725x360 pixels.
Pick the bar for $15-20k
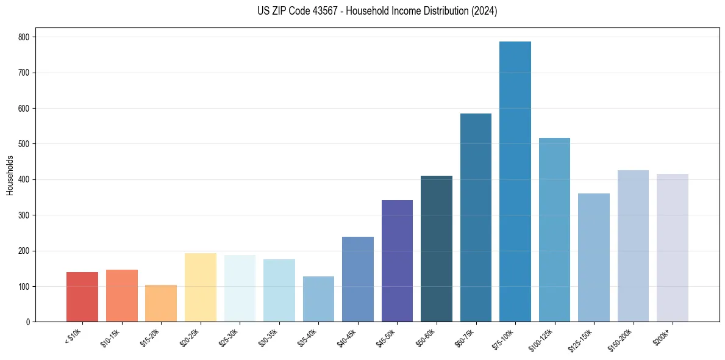pyautogui.click(x=161, y=303)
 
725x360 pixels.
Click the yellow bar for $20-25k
pyautogui.click(x=201, y=287)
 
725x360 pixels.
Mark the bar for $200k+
pyautogui.click(x=673, y=248)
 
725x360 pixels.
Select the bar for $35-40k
pyautogui.click(x=318, y=299)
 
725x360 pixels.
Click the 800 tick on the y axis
pyautogui.click(x=26, y=37)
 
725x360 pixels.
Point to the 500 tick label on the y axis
pyautogui.click(x=26, y=144)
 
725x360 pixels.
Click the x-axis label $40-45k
pyautogui.click(x=346, y=337)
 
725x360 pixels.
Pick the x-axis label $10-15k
pyautogui.click(x=110, y=337)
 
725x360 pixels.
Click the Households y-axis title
pyautogui.click(x=10, y=175)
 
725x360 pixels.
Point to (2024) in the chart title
pyautogui.click(x=484, y=11)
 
